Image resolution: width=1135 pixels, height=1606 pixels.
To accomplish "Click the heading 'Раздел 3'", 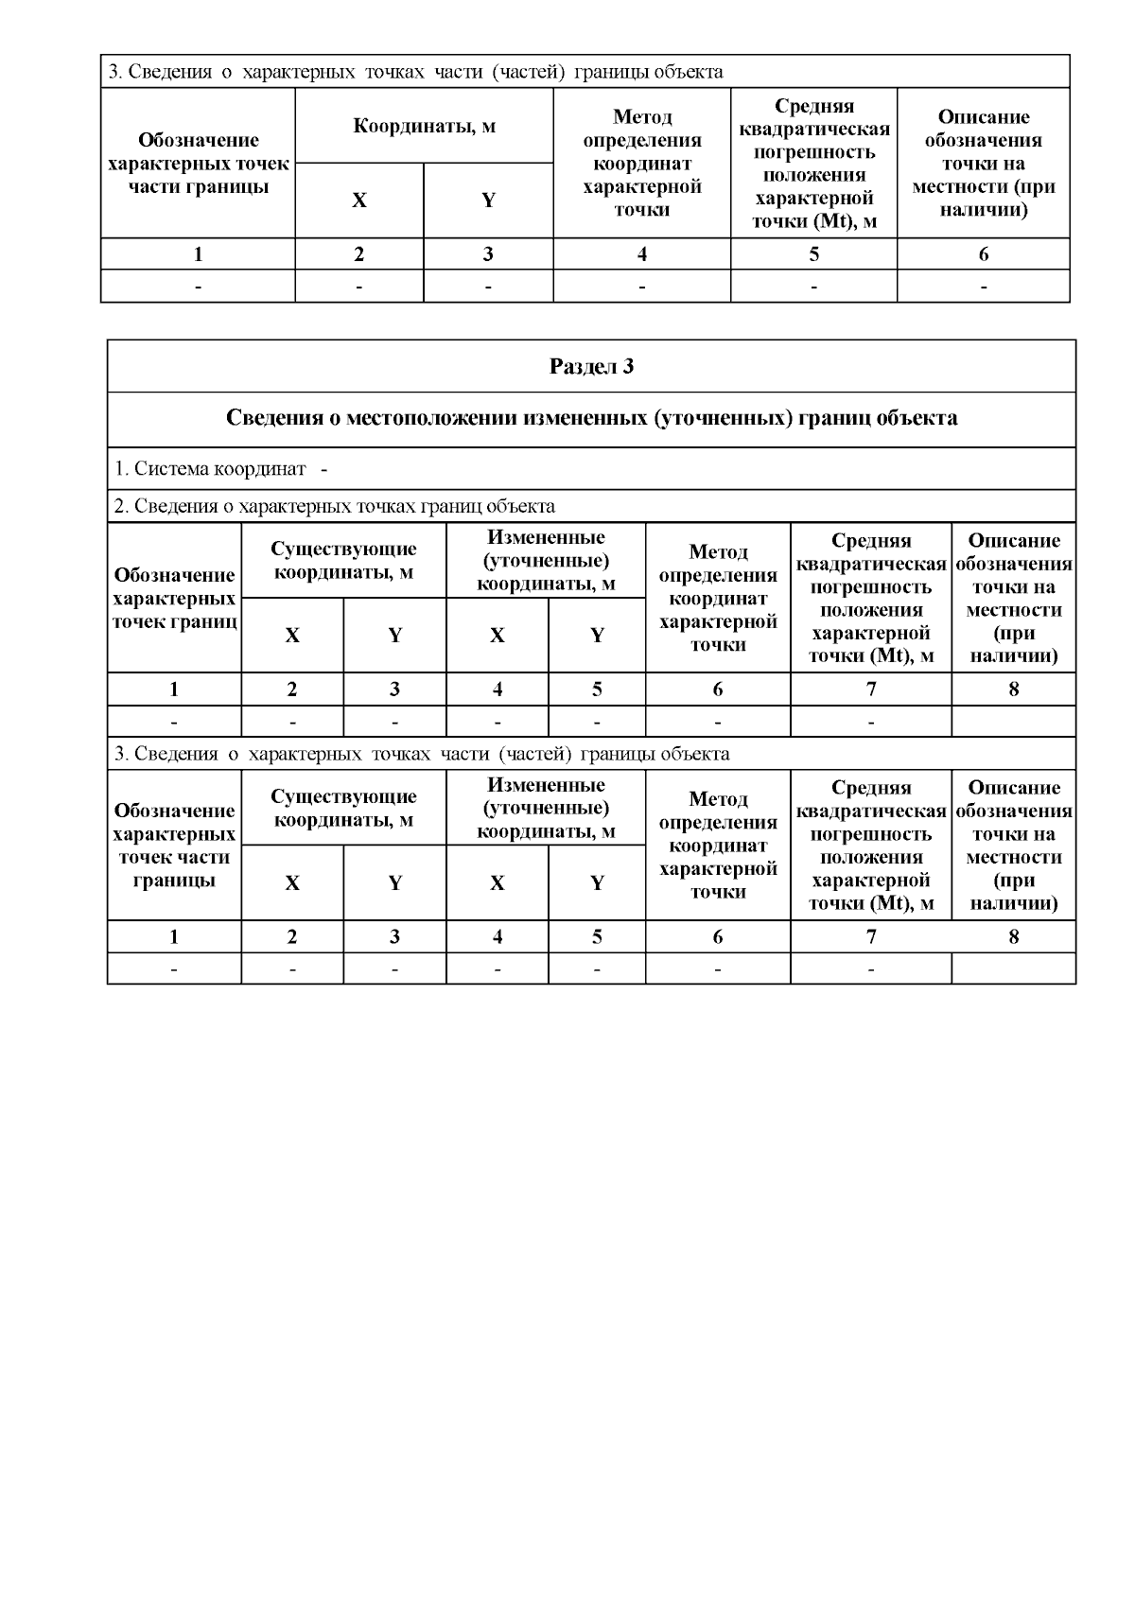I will pyautogui.click(x=591, y=367).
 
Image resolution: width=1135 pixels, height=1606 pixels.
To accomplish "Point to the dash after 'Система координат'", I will pyautogui.click(x=324, y=469).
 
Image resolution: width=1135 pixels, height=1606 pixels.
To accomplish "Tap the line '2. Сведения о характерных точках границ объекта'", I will pyautogui.click(x=334, y=506).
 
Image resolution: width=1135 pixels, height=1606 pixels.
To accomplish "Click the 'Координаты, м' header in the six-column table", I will pyautogui.click(x=424, y=126).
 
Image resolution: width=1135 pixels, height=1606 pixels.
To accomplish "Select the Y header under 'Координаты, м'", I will pyautogui.click(x=488, y=201).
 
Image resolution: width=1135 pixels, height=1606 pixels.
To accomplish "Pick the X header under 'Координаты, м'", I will pyautogui.click(x=359, y=201).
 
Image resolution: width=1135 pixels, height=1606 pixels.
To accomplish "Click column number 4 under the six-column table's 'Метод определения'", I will pyautogui.click(x=642, y=254).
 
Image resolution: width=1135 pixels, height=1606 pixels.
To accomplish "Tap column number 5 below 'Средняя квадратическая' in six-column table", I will pyautogui.click(x=813, y=254).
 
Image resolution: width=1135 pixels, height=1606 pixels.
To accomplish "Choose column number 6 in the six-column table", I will pyautogui.click(x=984, y=254).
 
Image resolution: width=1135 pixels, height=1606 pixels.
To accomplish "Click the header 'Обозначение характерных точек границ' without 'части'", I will pyautogui.click(x=174, y=598).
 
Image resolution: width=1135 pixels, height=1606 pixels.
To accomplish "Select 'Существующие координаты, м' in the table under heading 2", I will pyautogui.click(x=343, y=561).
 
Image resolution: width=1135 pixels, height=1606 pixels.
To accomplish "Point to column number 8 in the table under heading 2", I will pyautogui.click(x=1014, y=690).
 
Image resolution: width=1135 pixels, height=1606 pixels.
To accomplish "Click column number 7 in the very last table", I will pyautogui.click(x=871, y=937).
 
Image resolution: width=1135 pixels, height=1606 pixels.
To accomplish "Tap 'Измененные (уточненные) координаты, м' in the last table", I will pyautogui.click(x=546, y=808).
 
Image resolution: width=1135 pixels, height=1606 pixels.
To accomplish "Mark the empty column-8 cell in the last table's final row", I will pyautogui.click(x=1014, y=969).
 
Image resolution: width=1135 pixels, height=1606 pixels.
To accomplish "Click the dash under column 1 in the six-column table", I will pyautogui.click(x=198, y=286).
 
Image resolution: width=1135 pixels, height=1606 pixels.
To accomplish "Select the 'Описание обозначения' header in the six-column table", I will pyautogui.click(x=984, y=163).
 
